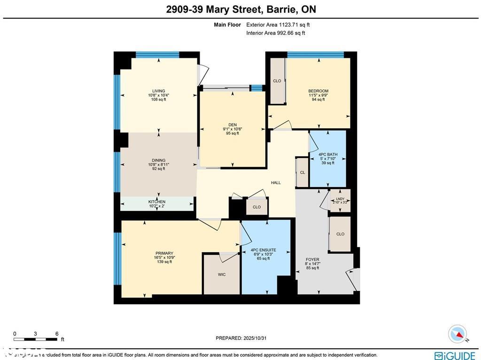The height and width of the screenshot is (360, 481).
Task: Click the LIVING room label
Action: [158, 91]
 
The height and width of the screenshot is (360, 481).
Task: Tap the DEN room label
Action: [233, 125]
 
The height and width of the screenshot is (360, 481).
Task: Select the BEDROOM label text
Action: [318, 91]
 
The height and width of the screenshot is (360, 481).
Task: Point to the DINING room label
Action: [158, 160]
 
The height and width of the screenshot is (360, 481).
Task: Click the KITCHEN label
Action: [157, 202]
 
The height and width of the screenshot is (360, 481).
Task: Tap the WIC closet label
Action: [222, 274]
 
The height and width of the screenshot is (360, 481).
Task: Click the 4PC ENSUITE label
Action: [263, 250]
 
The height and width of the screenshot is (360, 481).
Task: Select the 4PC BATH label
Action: [328, 154]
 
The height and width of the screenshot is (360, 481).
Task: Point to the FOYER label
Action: [312, 259]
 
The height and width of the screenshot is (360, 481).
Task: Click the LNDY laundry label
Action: [340, 199]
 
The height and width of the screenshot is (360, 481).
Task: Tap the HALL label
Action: [276, 182]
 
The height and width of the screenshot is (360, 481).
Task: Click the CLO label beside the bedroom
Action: [277, 81]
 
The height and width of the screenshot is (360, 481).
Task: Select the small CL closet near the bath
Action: [303, 172]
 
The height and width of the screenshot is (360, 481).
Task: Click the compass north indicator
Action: [458, 334]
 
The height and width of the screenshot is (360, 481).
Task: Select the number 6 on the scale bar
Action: [57, 334]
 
